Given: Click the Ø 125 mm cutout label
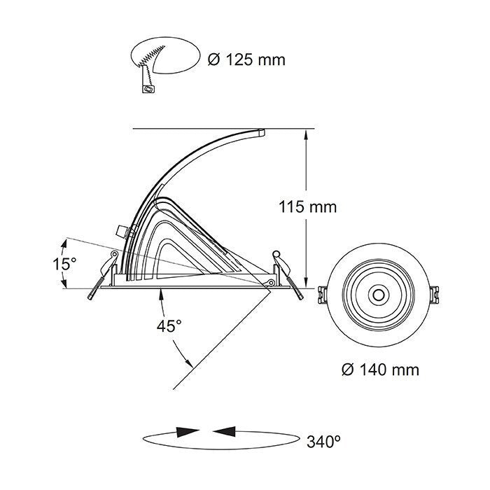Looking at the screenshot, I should click(247, 59).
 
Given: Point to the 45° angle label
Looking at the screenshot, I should click(169, 326).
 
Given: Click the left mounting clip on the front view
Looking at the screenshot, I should click(323, 295).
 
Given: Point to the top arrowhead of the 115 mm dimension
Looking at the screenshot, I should click(306, 134).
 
